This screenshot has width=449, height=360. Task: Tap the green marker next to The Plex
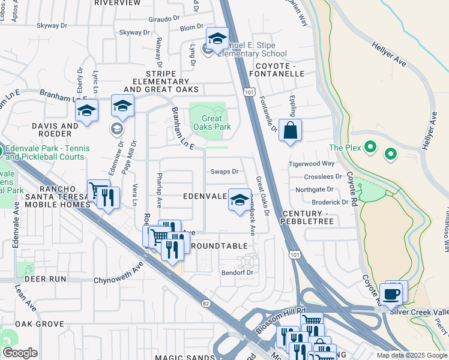pos(370,146)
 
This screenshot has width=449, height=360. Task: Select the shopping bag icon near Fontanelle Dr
pos(290,130)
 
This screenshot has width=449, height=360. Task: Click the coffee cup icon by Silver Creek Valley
pos(391,295)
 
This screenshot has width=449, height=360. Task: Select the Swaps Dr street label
pos(224,172)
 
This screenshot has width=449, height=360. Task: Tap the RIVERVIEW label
pos(118,3)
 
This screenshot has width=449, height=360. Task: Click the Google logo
pos(20,353)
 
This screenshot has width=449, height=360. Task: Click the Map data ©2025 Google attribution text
pos(412,355)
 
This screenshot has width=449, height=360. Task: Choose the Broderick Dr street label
pos(330,202)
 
